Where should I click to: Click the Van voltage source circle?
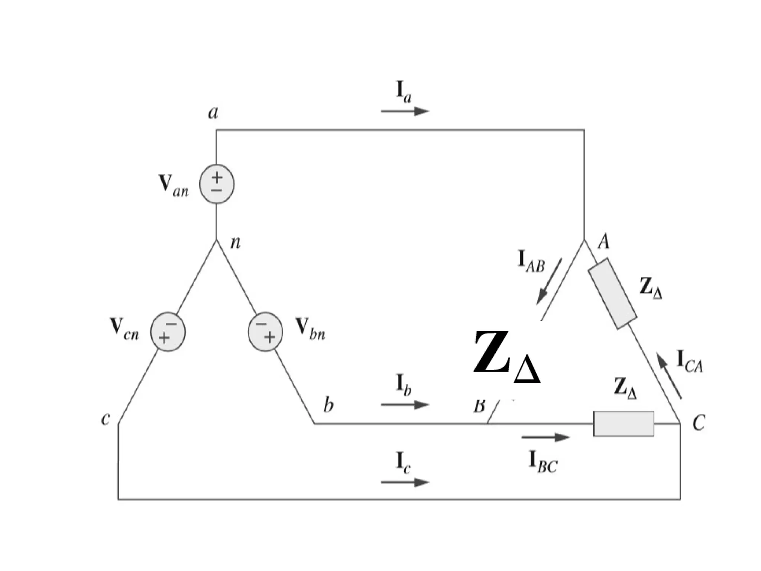click(x=217, y=184)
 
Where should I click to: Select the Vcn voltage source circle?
click(x=168, y=332)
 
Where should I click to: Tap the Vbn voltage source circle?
click(x=265, y=332)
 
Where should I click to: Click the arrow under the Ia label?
click(x=405, y=111)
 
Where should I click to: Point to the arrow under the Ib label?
click(x=405, y=405)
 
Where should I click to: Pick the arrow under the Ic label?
click(x=405, y=482)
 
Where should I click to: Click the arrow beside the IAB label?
click(x=549, y=282)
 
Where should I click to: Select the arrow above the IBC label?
click(x=545, y=437)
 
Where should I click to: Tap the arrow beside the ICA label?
click(x=669, y=376)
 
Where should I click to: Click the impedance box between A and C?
click(x=612, y=294)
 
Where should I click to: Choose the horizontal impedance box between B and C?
click(x=624, y=424)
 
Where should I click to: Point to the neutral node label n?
click(x=236, y=243)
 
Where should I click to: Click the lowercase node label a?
click(x=213, y=112)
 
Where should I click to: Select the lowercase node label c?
click(x=106, y=419)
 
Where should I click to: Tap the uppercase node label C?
click(x=699, y=423)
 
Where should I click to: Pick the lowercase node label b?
click(x=328, y=405)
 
